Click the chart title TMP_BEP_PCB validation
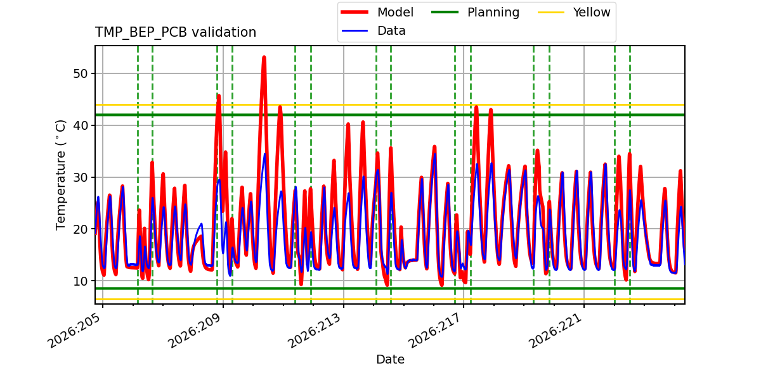coord(175,32)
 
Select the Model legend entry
coord(377,12)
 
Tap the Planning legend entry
coord(475,12)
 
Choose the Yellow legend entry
coord(574,12)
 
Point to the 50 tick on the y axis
coord(80,73)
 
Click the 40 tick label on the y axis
coord(80,125)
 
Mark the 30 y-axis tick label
coord(80,177)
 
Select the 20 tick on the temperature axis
coord(80,229)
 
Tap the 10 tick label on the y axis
coord(80,281)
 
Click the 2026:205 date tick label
coord(75,331)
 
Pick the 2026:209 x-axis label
coord(195,331)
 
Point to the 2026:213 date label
coord(315,331)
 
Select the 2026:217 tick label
coord(435,331)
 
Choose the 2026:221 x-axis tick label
coord(556,331)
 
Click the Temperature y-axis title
coord(60,175)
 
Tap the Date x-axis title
coord(391,359)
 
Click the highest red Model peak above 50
coord(264,58)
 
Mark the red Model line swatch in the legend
coord(354,12)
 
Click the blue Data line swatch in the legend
coord(354,31)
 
